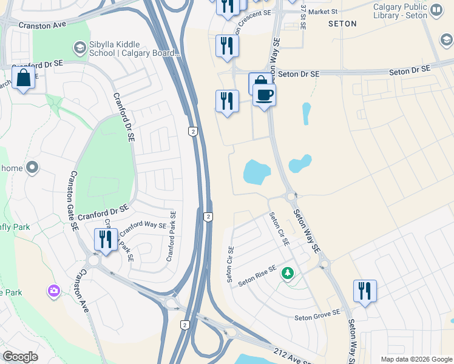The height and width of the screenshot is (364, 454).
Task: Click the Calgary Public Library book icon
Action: pyautogui.click(x=436, y=10)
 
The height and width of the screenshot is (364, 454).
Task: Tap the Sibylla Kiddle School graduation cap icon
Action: pyautogui.click(x=80, y=47)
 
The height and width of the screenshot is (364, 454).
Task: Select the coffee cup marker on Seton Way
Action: pyautogui.click(x=265, y=96)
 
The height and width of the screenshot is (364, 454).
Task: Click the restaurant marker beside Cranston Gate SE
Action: pyautogui.click(x=106, y=240)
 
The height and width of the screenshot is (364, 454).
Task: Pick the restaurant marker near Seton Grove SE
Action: pyautogui.click(x=365, y=291)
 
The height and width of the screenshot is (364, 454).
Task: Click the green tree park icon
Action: pyautogui.click(x=288, y=274)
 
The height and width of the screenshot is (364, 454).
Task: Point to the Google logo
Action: pyautogui.click(x=20, y=357)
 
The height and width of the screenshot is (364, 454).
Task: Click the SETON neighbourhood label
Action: pyautogui.click(x=342, y=24)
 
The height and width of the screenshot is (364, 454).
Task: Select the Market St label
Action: pyautogui.click(x=322, y=12)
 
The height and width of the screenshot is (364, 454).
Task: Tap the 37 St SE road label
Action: pyautogui.click(x=303, y=17)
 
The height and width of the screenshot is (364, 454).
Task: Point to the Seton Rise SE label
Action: pyautogui.click(x=257, y=276)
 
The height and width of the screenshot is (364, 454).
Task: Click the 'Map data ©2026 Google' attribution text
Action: pyautogui.click(x=417, y=359)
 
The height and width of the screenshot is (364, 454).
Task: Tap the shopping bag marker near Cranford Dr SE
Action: pyautogui.click(x=23, y=79)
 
